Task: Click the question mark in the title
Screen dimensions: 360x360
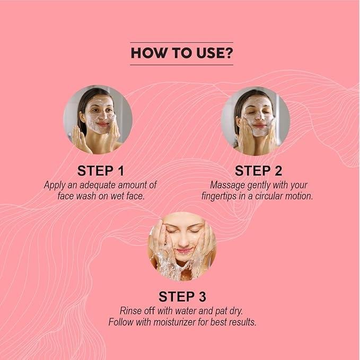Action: click(x=228, y=53)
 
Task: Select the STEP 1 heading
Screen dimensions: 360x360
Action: click(x=101, y=171)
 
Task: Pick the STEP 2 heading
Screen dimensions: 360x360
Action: click(x=258, y=171)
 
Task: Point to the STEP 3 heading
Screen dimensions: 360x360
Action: click(x=182, y=296)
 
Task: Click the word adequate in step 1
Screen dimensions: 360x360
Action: click(x=95, y=185)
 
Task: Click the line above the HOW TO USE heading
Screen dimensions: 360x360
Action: click(x=182, y=42)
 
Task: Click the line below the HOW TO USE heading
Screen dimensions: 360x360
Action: click(x=182, y=65)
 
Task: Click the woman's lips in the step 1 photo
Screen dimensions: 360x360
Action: click(x=102, y=124)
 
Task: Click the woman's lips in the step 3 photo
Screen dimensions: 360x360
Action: click(x=183, y=250)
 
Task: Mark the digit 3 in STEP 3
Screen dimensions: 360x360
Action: click(x=203, y=296)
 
